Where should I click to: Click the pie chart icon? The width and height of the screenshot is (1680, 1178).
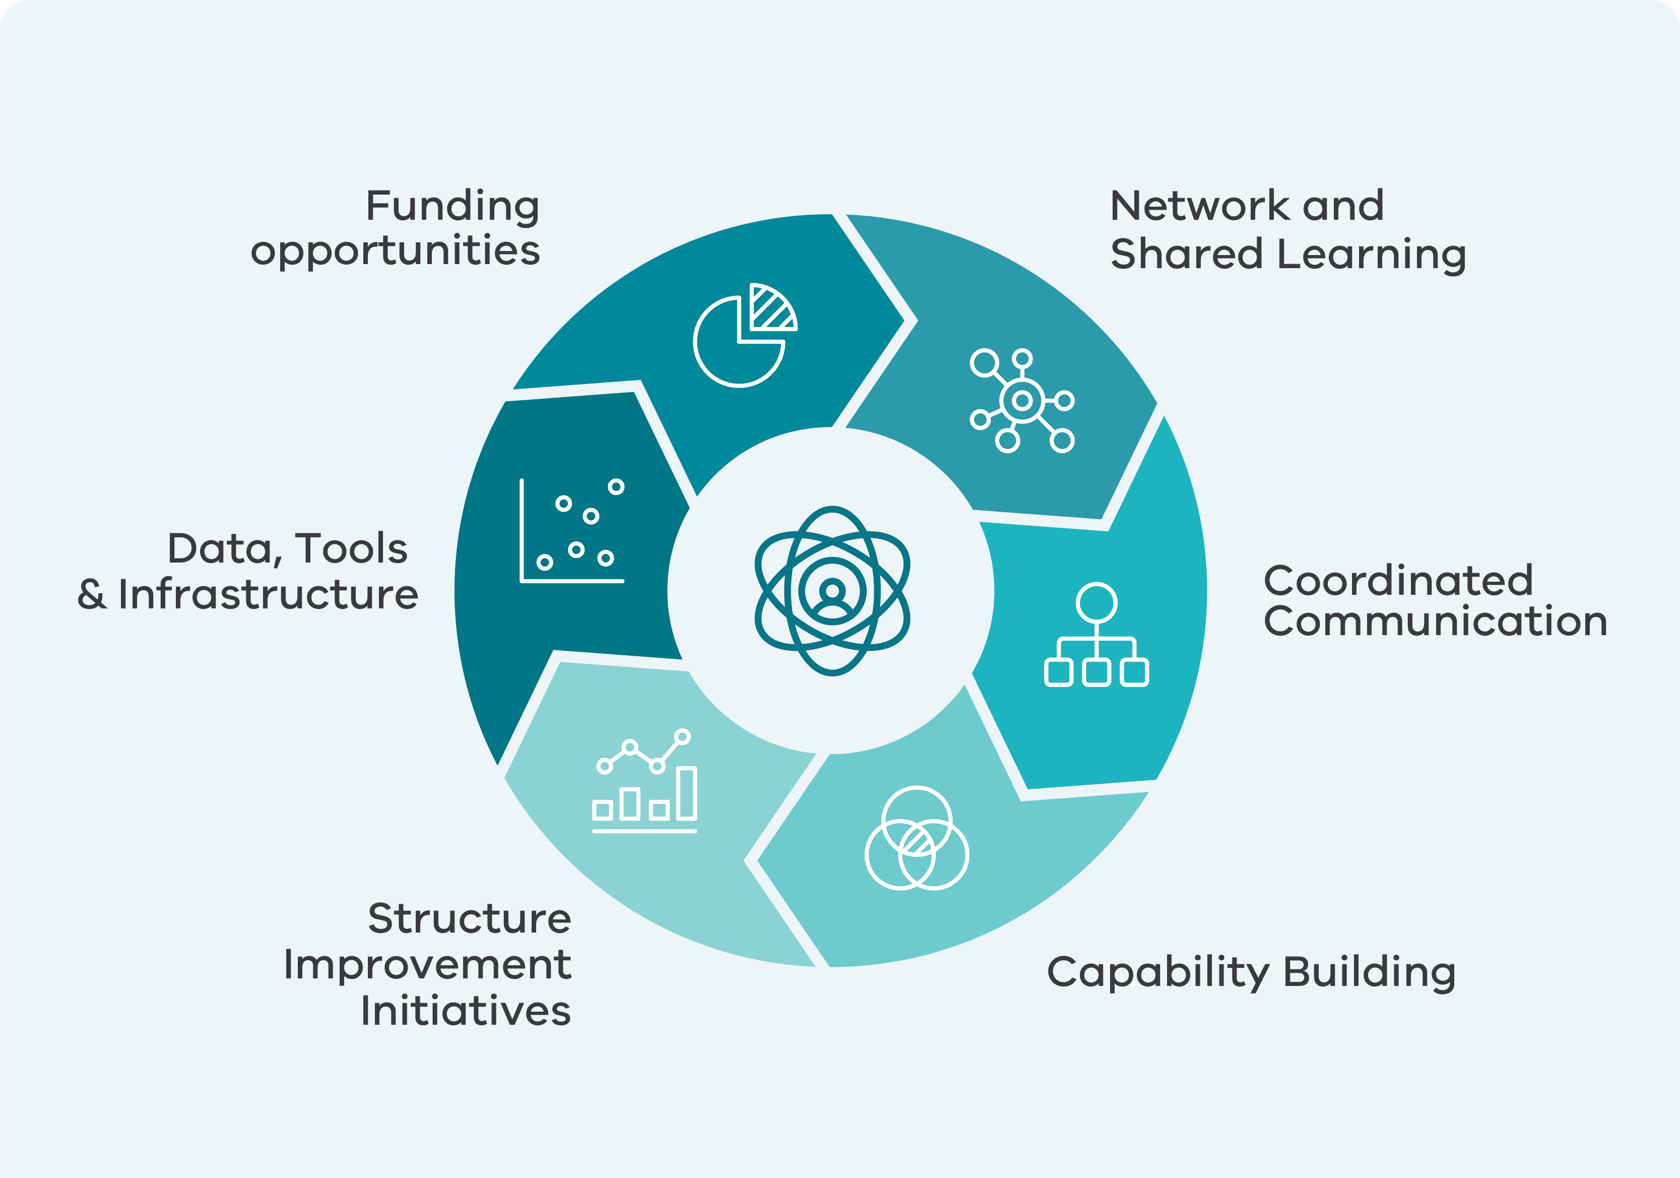coord(740,342)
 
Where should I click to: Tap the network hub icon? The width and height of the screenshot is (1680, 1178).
coord(1022,400)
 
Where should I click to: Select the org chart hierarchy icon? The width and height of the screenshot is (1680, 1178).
coord(1096,635)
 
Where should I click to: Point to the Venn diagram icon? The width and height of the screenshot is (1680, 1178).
coord(917,838)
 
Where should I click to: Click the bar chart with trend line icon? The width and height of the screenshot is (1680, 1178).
coord(644,781)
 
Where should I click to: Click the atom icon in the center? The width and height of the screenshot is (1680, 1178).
coord(832,591)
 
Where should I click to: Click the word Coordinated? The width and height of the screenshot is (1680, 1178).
coord(1398,581)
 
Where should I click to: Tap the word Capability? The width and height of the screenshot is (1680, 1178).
coord(1158,973)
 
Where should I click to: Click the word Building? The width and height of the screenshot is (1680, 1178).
coord(1369,973)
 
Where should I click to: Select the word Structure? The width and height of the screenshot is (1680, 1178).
coord(469,919)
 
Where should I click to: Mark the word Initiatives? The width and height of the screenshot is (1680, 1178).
coord(466,1011)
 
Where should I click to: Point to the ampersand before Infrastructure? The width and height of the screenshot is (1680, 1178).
coord(92,594)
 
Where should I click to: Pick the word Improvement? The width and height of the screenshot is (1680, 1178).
coord(427,965)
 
